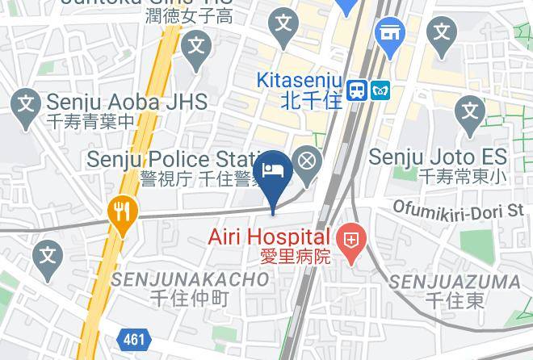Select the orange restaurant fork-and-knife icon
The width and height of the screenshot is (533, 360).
tap(123, 212)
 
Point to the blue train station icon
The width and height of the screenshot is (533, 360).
tap(356, 91)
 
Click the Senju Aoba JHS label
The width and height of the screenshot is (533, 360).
tap(127, 103)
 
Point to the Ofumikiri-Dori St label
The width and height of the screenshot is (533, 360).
tap(458, 210)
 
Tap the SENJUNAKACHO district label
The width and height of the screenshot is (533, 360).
tap(190, 279)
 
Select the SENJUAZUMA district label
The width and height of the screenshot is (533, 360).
tap(455, 282)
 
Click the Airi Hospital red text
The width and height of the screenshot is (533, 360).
tap(270, 237)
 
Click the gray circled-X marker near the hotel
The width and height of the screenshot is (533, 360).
tap(307, 161)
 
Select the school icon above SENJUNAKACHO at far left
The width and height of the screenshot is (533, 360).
tap(48, 257)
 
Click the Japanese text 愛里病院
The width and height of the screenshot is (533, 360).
tap(295, 257)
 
